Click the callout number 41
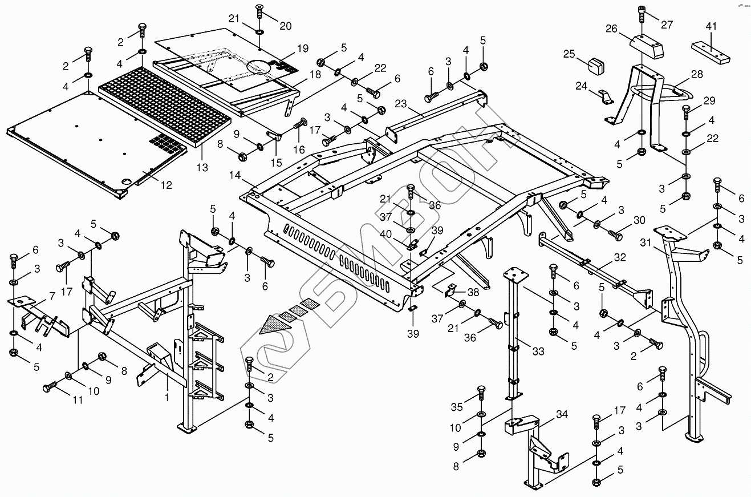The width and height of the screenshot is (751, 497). pos(710,27)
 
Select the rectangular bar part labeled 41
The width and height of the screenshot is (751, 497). pos(711,53)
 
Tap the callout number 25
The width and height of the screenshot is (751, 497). pos(570,54)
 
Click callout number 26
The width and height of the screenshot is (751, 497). pos(611,28)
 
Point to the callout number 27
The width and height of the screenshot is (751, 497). pos(667,25)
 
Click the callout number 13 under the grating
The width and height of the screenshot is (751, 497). pos(202,168)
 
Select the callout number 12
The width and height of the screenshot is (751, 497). pos(165,185)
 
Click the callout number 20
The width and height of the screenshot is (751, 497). pos(285,26)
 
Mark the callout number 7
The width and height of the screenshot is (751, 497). pos(52,296)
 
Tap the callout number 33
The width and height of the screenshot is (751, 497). pos(538,351)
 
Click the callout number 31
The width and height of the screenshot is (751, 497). pos(645,243)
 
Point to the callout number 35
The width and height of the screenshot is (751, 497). pos(456,407)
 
